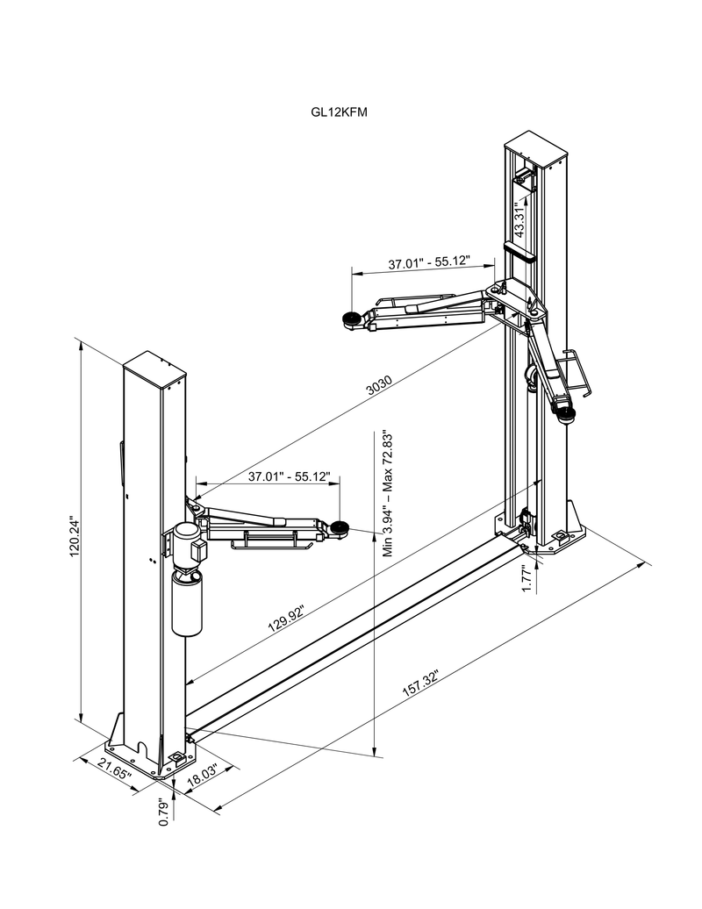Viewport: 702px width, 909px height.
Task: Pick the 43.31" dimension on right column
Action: coord(519,218)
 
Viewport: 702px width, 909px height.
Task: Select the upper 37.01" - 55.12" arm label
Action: coord(429,262)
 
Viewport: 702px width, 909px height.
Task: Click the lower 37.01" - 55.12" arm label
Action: coord(289,477)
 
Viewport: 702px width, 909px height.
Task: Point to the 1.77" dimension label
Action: coord(527,578)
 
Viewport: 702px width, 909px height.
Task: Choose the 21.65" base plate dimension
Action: coord(114,773)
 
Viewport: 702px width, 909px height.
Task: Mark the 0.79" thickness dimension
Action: coord(163,812)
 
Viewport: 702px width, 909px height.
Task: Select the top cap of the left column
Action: coord(154,368)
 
